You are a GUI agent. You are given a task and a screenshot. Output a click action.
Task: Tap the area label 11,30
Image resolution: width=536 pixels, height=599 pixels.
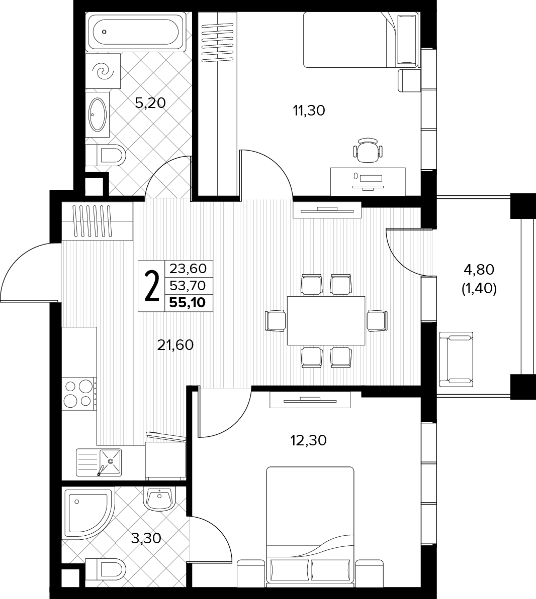coord(309,111)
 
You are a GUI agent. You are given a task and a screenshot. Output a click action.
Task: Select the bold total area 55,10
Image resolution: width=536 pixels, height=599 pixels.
coord(188,303)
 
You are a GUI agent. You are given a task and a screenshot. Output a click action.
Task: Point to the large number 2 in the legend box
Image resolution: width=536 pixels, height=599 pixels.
coord(152,286)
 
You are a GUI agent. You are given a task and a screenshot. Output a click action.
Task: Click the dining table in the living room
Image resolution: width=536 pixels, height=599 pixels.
coord(326,320)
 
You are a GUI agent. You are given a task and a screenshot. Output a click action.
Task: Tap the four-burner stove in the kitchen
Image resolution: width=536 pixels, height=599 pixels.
coord(79,394)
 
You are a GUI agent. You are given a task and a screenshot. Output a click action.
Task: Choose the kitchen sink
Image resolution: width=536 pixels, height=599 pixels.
coord(99,462)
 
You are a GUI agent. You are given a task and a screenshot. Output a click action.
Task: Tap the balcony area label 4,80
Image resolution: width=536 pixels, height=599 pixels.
coord(479,270)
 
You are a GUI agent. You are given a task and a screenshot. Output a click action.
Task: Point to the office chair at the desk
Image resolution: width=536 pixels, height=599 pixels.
coord(368,151)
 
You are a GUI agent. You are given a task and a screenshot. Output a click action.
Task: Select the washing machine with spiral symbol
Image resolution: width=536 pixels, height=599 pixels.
coord(103,71)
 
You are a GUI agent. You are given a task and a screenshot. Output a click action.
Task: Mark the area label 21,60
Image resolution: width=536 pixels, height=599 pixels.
coord(175,345)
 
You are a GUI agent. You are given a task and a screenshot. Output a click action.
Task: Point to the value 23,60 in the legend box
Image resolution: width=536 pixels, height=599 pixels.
coord(188,269)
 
